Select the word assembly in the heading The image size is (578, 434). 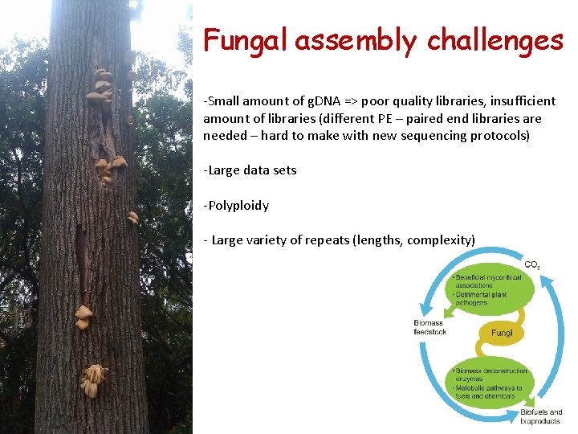(x=355, y=40)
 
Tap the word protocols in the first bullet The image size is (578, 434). (x=500, y=136)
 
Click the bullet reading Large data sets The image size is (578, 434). (x=250, y=170)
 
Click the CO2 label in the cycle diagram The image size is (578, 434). (x=531, y=265)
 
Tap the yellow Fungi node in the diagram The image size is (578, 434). (x=502, y=333)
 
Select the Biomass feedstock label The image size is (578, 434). (x=430, y=327)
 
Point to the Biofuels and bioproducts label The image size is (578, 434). (x=540, y=416)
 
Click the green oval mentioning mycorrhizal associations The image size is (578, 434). (x=490, y=290)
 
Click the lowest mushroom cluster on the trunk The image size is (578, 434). (x=93, y=379)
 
